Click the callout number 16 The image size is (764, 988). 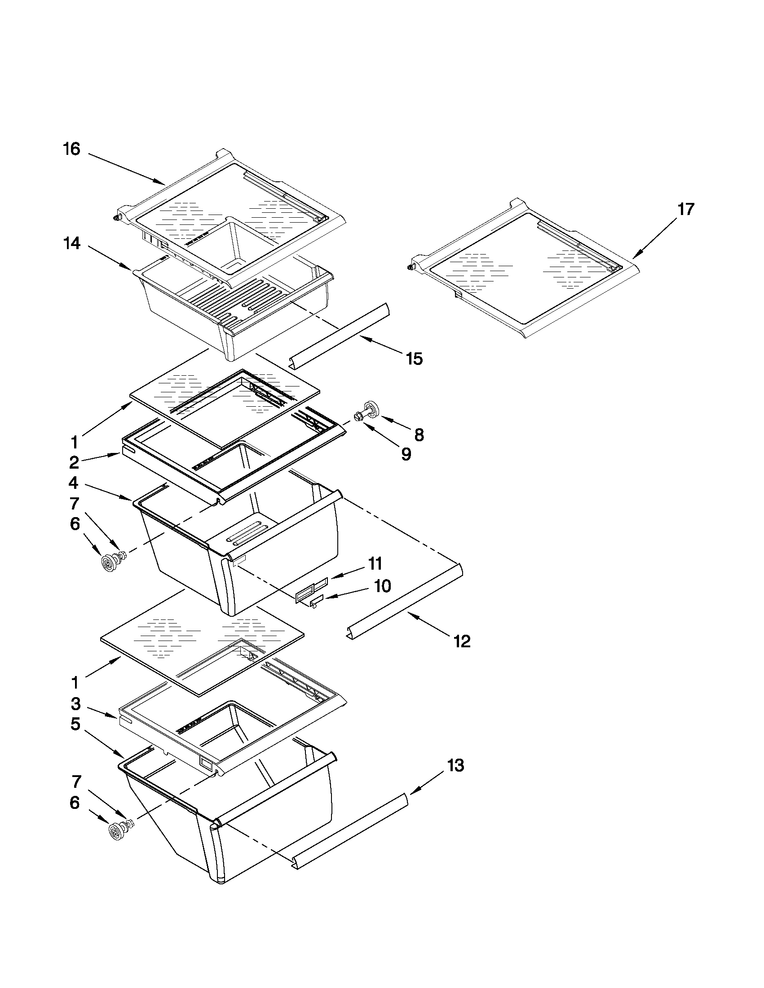pyautogui.click(x=71, y=149)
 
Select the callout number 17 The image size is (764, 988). pyautogui.click(x=686, y=210)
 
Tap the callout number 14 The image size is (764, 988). pyautogui.click(x=71, y=244)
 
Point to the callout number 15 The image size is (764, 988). pyautogui.click(x=415, y=359)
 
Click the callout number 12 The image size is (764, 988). pyautogui.click(x=462, y=641)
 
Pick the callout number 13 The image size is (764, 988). pyautogui.click(x=456, y=766)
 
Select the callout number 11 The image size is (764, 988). pyautogui.click(x=375, y=564)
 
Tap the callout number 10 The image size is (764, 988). pyautogui.click(x=383, y=587)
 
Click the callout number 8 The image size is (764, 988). pyautogui.click(x=419, y=435)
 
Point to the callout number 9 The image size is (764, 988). pyautogui.click(x=406, y=455)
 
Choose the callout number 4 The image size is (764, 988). pyautogui.click(x=73, y=483)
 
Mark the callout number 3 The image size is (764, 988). pyautogui.click(x=75, y=704)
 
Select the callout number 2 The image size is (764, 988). pyautogui.click(x=74, y=462)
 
